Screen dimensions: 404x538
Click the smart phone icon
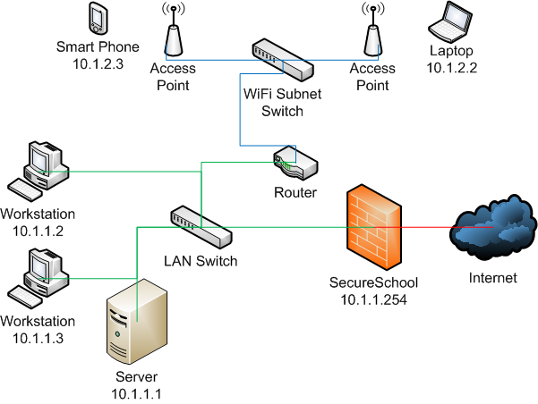click(x=98, y=18)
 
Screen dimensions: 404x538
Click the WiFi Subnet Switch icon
click(x=281, y=60)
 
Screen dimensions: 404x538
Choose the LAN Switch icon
click(x=201, y=225)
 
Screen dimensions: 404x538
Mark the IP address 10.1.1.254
click(x=374, y=299)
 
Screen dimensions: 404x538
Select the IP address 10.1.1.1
click(x=136, y=392)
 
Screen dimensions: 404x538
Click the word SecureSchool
click(x=374, y=283)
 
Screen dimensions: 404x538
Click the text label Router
click(x=296, y=193)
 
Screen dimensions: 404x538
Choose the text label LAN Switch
click(x=201, y=261)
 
